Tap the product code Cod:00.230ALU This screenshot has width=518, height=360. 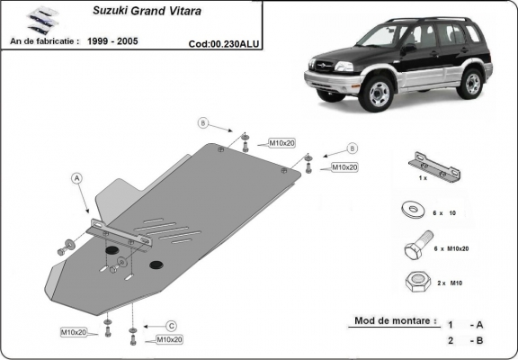pyautogui.click(x=224, y=41)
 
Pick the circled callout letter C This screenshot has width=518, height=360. pyautogui.click(x=171, y=325)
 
